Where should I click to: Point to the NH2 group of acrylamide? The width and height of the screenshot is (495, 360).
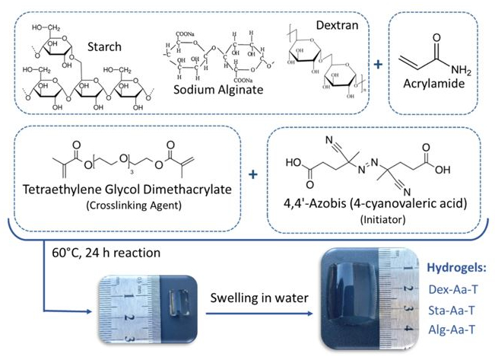pyautogui.click(x=461, y=71)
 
